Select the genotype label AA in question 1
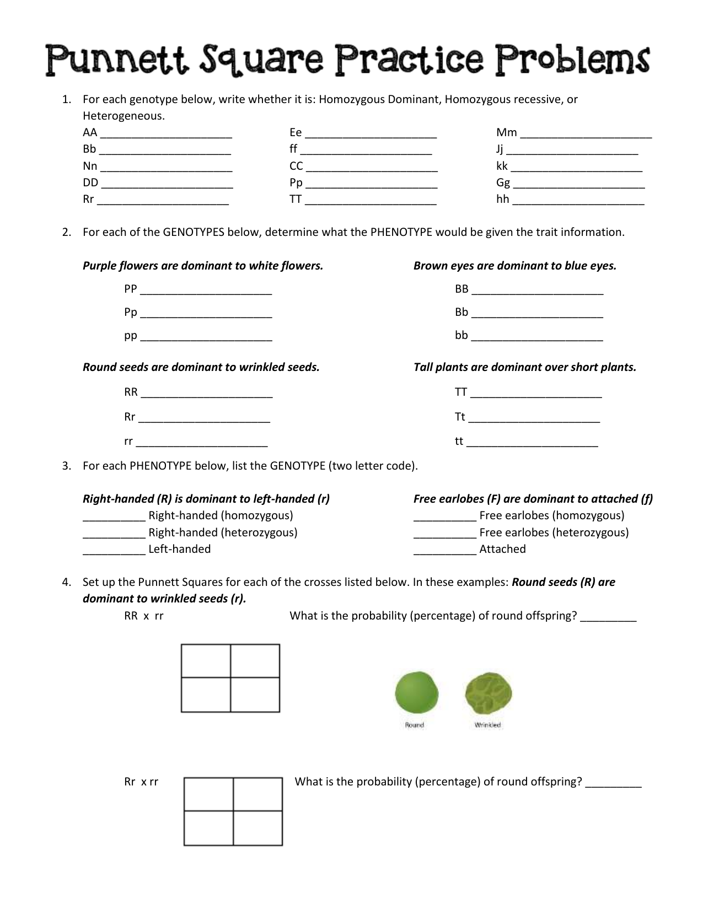coord(90,132)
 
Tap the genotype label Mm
coord(506,132)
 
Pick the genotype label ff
coord(293,149)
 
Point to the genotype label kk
coord(502,166)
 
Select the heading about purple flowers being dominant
coord(203,266)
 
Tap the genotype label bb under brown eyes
coord(461,335)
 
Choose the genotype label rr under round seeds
coord(128,441)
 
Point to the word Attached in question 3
coord(502,549)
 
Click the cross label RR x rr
coord(144,616)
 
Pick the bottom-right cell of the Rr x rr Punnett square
coord(258,828)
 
